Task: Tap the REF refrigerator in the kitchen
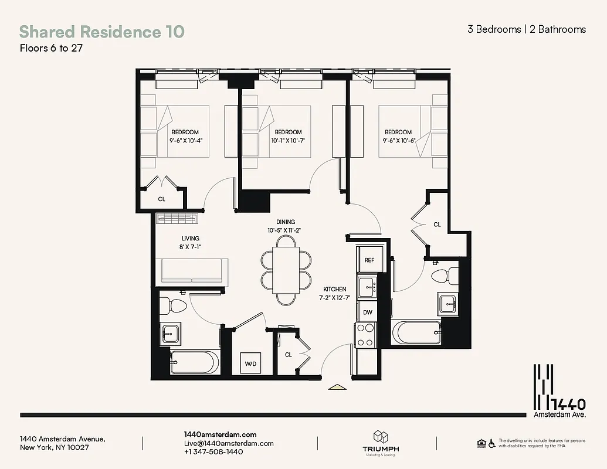tap(369, 260)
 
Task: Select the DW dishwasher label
tap(368, 312)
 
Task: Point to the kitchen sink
tap(368, 286)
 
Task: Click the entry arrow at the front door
tap(337, 386)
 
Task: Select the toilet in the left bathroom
tap(174, 305)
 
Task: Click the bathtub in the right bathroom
tap(416, 333)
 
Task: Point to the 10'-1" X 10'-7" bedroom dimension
tap(288, 141)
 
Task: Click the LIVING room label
tap(190, 239)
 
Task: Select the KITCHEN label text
tap(334, 289)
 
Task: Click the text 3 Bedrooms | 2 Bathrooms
tap(526, 29)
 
